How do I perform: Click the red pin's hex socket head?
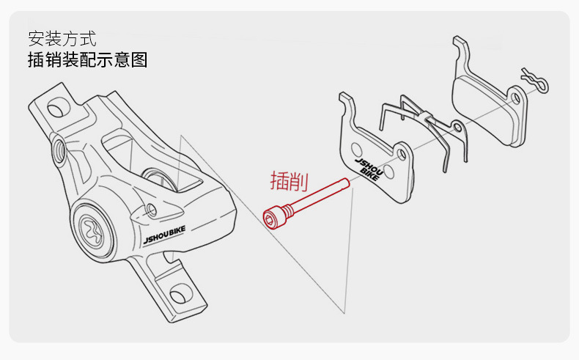[272, 217]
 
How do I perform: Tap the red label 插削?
[289, 180]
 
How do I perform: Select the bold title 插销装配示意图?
[87, 59]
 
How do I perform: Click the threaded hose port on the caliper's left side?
[58, 150]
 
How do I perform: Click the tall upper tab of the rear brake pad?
[461, 48]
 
